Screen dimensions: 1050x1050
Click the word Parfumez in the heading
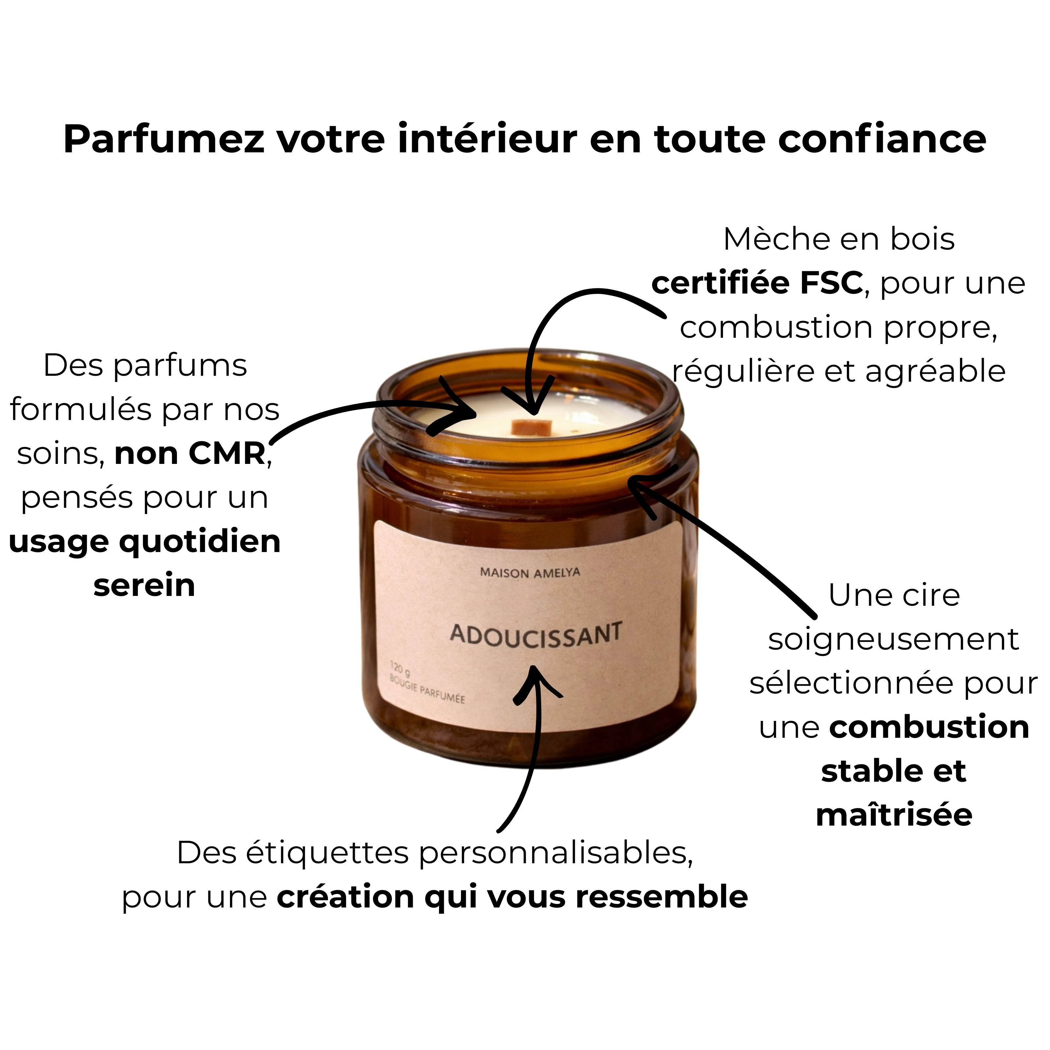click(163, 140)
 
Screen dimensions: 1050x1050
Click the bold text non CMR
click(190, 453)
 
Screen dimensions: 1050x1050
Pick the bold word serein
click(144, 586)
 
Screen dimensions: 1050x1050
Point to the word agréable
click(935, 372)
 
